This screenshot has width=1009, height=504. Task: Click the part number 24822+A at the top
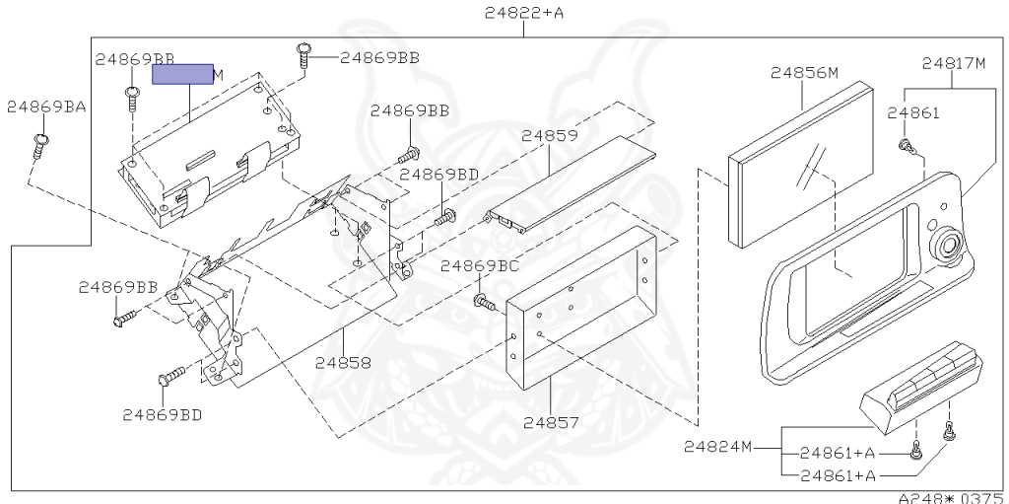pos(523,13)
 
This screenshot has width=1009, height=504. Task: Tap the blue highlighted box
pos(182,74)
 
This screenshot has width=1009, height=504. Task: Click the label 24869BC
pos(480,265)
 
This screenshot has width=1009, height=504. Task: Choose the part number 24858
pos(343,362)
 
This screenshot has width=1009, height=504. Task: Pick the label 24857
pos(551,422)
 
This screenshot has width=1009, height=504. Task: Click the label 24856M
pos(804,73)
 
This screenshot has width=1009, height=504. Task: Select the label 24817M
pos(954,63)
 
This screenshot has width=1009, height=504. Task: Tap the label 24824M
pos(717,446)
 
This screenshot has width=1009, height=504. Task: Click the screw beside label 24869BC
pos(483,301)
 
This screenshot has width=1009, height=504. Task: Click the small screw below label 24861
pos(904,146)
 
